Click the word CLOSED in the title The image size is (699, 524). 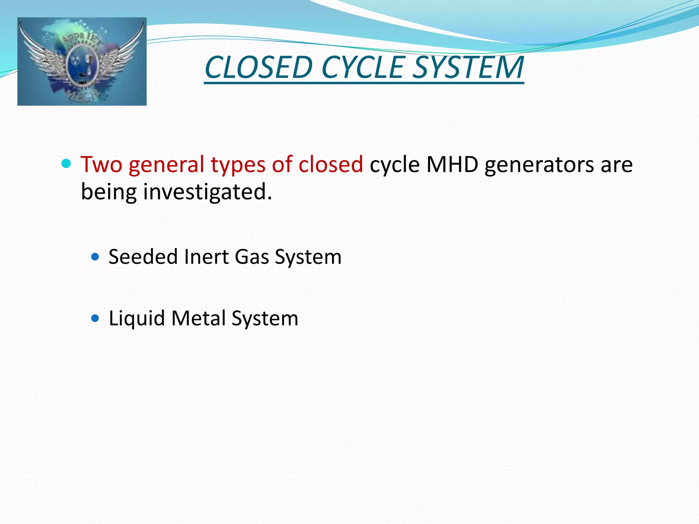click(259, 67)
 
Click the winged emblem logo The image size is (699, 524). click(82, 61)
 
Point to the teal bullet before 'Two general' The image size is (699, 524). click(66, 164)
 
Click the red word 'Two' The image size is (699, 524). click(101, 164)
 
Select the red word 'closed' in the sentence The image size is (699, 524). click(330, 164)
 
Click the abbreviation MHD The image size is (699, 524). click(452, 164)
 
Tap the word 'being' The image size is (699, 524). click(109, 192)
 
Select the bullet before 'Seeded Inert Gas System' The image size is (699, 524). click(95, 257)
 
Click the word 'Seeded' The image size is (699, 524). click(143, 257)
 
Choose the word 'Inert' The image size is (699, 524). click(206, 257)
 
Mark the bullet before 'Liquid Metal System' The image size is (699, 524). click(95, 319)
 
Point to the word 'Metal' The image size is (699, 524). click(198, 318)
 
